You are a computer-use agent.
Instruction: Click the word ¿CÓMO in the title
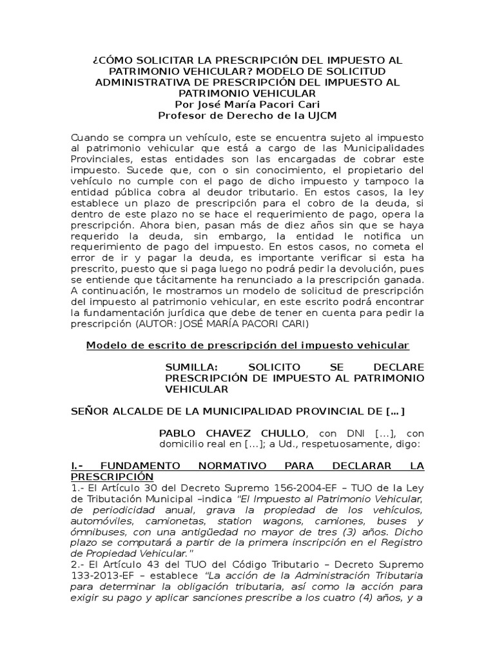point(113,60)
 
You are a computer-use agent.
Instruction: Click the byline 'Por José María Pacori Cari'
point(247,104)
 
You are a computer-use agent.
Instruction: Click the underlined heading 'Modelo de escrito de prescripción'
point(247,346)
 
